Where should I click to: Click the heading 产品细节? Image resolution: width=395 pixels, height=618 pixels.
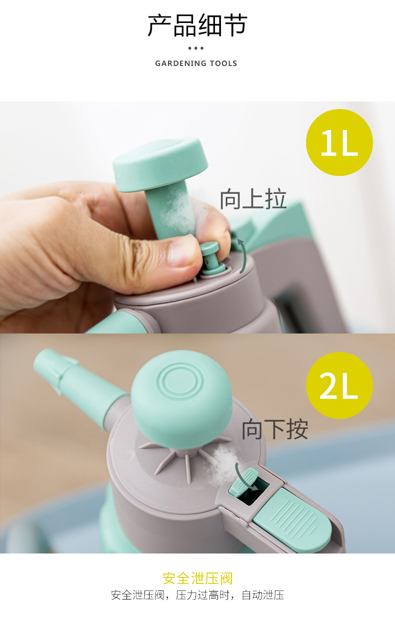point(197,25)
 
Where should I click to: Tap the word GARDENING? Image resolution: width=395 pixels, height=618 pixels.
point(180,63)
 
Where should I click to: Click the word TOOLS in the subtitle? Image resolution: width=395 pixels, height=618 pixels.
point(223,63)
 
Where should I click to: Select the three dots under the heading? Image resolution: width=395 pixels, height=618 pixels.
point(196,48)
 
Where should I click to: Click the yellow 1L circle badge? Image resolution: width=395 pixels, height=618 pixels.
point(339,142)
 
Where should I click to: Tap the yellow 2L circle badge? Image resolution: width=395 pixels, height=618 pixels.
point(339,385)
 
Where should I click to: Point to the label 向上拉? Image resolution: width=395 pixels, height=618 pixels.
point(253,198)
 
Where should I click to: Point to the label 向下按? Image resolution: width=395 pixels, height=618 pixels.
point(274,429)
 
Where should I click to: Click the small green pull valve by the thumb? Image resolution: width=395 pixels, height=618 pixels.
point(212,258)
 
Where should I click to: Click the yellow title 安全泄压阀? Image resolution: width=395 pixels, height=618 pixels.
point(197,578)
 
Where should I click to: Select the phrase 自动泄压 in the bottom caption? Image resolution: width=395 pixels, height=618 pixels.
point(263,595)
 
